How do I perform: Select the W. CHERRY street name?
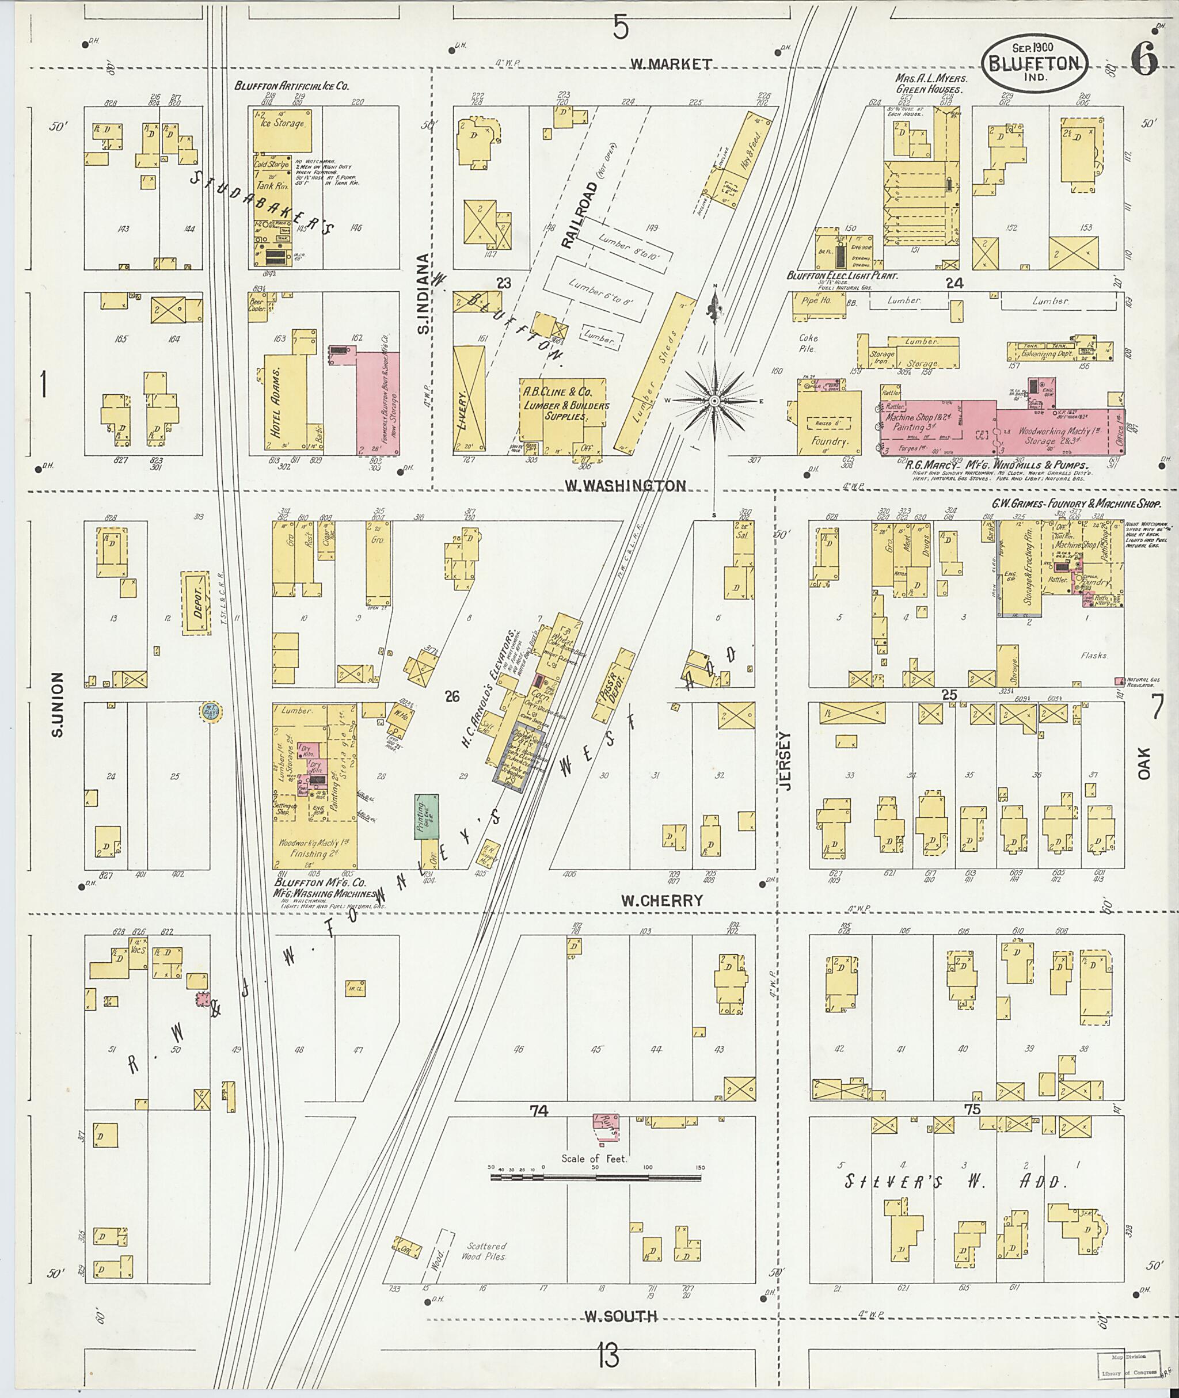[661, 900]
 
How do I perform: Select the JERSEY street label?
[784, 760]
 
